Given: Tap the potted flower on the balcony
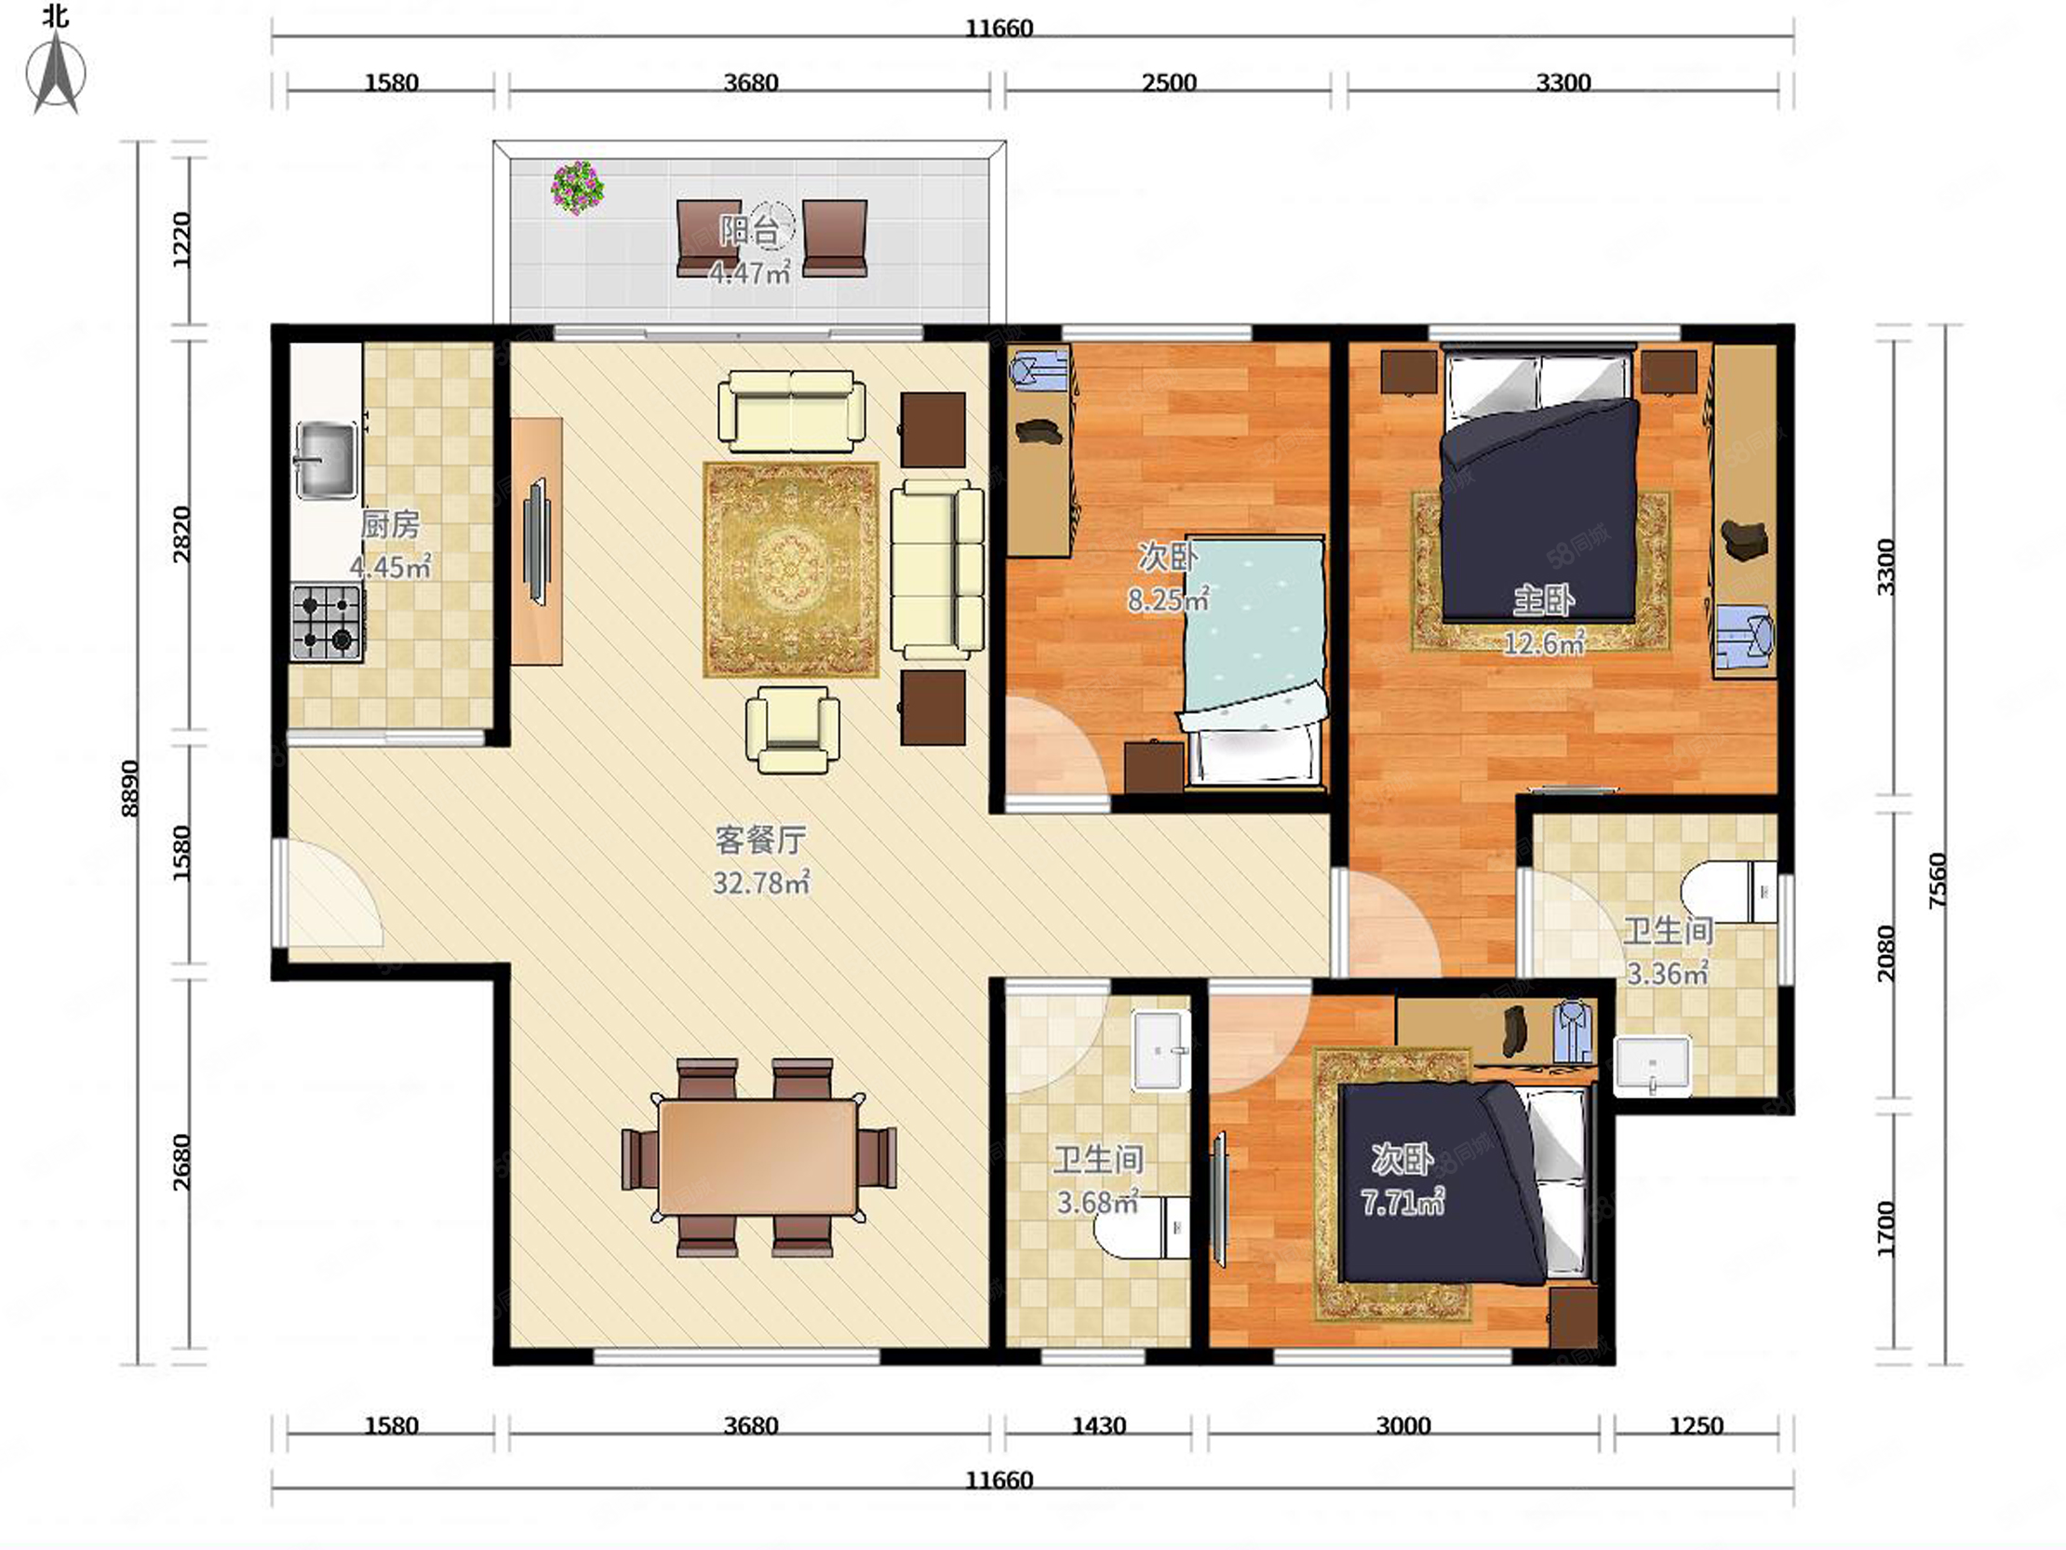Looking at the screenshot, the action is (x=577, y=187).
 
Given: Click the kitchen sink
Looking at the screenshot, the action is (x=325, y=460).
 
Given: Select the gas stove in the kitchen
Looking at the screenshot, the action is (x=326, y=622).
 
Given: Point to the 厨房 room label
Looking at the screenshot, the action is (x=391, y=524).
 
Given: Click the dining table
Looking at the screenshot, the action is (x=758, y=1155).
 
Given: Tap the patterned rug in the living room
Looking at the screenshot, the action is (x=790, y=569).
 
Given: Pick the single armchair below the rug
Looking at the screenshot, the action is (x=792, y=730).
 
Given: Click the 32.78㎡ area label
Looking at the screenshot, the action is (x=761, y=882).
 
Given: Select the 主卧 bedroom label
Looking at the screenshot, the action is (x=1544, y=600).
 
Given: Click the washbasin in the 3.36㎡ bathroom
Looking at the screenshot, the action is (x=1653, y=1064).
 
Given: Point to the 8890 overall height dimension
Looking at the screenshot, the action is (x=130, y=788).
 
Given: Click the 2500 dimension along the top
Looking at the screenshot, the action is (x=1169, y=82).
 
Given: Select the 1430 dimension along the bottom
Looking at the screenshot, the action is (x=1098, y=1426).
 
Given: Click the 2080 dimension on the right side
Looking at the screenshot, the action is (x=1885, y=953).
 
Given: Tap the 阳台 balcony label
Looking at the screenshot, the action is (x=749, y=230).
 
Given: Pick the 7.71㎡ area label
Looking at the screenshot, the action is (x=1402, y=1202).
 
